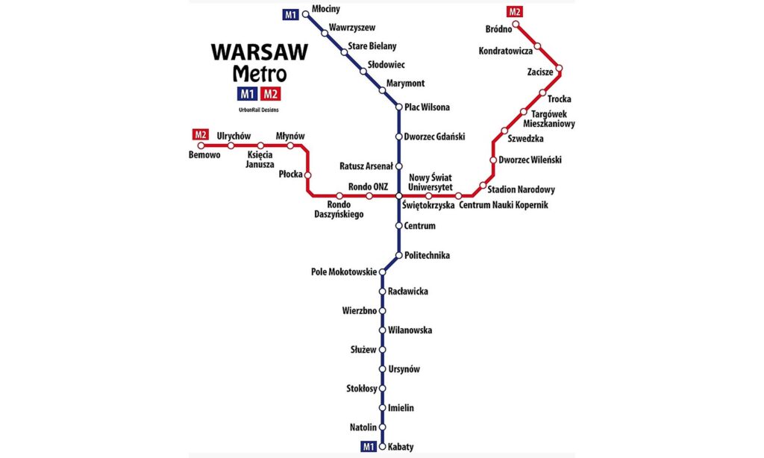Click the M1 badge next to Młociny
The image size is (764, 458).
[289, 14]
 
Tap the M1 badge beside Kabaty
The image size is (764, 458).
[368, 447]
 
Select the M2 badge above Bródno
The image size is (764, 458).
[515, 11]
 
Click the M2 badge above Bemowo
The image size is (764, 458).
[200, 135]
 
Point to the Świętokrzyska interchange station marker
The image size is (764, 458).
[399, 195]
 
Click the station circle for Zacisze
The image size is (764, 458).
[558, 69]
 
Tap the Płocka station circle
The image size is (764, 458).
[307, 175]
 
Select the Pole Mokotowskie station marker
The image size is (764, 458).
[383, 272]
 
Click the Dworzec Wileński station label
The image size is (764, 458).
[530, 160]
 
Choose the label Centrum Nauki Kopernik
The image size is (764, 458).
[504, 205]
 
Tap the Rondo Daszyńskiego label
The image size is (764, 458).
[339, 210]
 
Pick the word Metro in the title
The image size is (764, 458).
[259, 74]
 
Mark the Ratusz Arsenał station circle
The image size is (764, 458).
[399, 166]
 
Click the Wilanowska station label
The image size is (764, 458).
[410, 330]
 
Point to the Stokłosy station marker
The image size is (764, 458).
[383, 389]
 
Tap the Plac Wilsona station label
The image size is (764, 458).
[427, 107]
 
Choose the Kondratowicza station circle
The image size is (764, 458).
[538, 46]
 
